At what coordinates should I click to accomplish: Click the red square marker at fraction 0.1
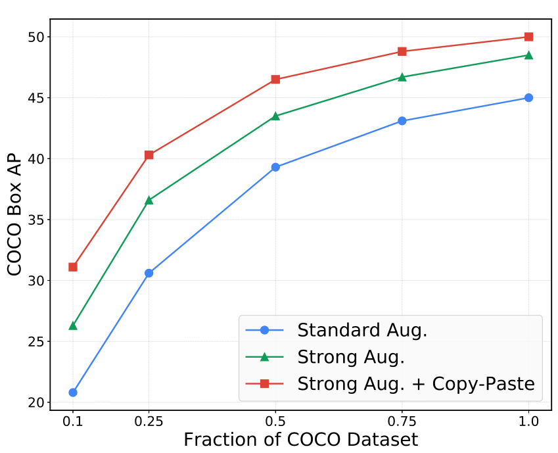tap(73, 267)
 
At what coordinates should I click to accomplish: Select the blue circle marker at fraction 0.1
tap(73, 393)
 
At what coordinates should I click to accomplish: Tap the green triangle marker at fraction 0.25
tap(149, 200)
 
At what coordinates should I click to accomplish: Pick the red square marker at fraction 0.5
tap(275, 80)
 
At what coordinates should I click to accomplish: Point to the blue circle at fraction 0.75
tap(402, 121)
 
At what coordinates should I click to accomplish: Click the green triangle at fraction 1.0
tap(528, 55)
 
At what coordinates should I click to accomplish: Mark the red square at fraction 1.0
tap(528, 37)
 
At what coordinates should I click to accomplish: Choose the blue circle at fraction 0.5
tap(275, 167)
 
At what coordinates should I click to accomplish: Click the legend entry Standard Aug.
tap(362, 330)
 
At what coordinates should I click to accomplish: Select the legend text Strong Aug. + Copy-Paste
tap(415, 384)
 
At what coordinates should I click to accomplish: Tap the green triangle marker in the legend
tap(264, 357)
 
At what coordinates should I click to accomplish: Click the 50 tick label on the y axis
tap(34, 37)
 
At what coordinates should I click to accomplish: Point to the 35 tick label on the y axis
tap(34, 220)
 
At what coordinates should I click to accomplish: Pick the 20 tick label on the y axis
tap(34, 402)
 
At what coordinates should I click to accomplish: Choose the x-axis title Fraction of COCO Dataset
tap(300, 439)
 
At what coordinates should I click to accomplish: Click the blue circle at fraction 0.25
tap(149, 273)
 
